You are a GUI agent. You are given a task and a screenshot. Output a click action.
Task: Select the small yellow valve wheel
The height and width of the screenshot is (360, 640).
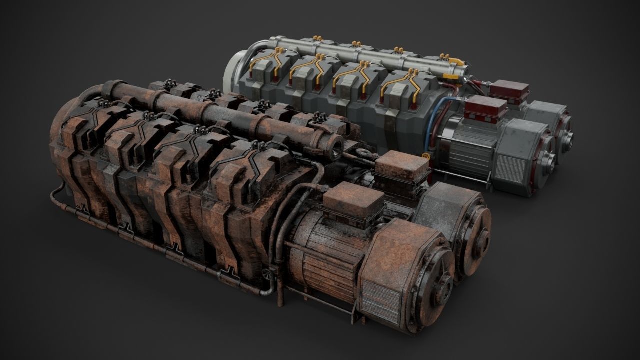coord(426,158)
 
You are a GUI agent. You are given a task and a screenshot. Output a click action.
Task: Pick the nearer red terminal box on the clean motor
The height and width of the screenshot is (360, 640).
coord(486,108)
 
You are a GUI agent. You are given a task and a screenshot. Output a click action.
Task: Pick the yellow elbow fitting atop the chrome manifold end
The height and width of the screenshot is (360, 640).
coord(454,62)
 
